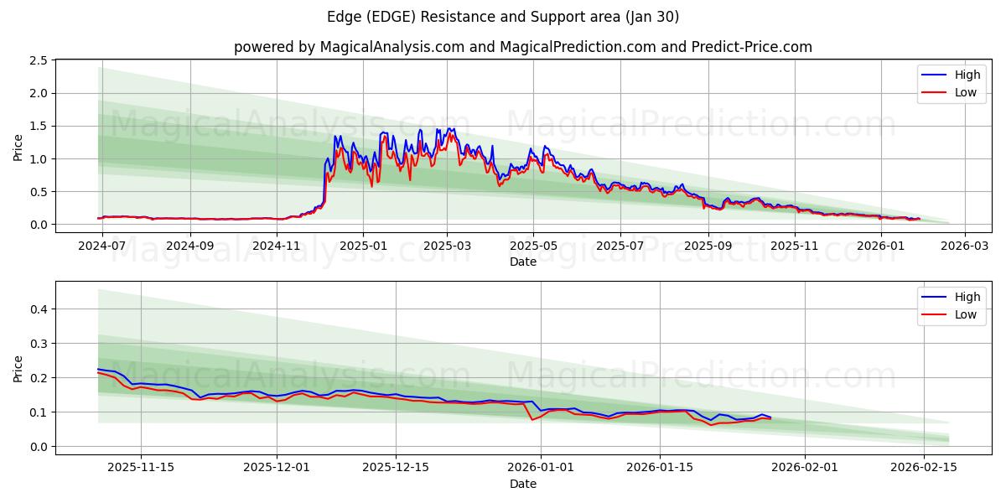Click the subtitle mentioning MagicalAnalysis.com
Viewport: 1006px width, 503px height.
click(523, 47)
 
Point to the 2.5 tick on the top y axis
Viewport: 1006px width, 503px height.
click(37, 60)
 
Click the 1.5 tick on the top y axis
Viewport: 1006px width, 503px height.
click(37, 126)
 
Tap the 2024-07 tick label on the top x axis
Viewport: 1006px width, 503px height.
click(101, 246)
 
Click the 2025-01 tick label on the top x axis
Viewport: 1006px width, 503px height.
click(363, 246)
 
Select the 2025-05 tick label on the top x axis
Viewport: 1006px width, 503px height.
click(533, 246)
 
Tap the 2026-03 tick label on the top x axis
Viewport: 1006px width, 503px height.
click(964, 246)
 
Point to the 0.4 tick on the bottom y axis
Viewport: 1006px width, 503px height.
click(37, 309)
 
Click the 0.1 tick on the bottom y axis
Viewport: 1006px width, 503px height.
click(37, 412)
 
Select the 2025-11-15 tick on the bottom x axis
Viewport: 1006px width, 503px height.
click(140, 468)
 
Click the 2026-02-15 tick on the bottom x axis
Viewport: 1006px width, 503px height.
click(924, 468)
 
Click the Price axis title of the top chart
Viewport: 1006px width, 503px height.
click(18, 148)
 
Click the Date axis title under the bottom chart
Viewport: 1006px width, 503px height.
click(523, 484)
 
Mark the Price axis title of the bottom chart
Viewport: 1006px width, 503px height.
click(18, 368)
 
